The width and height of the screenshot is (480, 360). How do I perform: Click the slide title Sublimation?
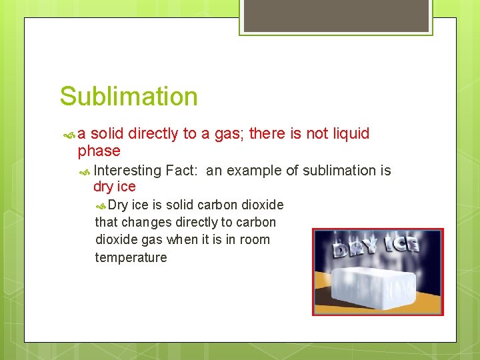tap(129, 97)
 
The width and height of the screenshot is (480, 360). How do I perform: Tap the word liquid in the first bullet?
tap(349, 133)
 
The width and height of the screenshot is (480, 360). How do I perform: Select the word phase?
tap(99, 151)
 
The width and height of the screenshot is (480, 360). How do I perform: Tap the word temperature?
tap(131, 257)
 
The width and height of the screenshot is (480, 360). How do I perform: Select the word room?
tap(256, 239)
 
